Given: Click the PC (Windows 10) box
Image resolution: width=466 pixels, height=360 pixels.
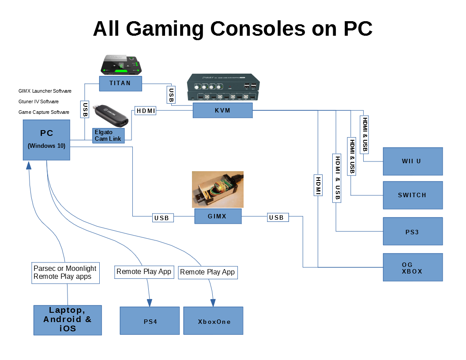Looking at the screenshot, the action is coord(47,140).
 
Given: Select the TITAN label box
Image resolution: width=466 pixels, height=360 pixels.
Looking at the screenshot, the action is coord(120,83).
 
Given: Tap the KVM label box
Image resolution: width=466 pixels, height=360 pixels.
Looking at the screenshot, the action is coord(222,110).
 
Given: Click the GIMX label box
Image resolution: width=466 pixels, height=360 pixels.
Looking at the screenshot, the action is coord(218,216).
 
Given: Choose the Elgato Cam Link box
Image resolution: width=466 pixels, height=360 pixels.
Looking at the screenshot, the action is coord(109,135).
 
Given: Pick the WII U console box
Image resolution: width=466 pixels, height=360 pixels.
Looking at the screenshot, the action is coord(413,161).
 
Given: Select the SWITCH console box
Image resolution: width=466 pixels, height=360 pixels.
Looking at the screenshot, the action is coord(413,195).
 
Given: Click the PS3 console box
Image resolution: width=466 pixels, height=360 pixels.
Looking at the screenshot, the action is coord(413,231).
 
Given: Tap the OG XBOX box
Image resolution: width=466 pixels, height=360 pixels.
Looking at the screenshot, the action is coord(413,267).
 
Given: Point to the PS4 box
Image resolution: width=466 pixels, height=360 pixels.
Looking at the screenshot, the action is coord(150,321).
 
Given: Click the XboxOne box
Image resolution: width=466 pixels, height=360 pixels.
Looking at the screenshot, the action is coord(214,321).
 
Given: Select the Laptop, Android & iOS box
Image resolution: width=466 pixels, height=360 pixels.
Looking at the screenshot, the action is coord(68,320).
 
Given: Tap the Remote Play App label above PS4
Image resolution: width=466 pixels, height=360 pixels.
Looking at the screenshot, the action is coord(144,272).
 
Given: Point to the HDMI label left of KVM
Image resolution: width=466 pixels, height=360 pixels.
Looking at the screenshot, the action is coord(145,111).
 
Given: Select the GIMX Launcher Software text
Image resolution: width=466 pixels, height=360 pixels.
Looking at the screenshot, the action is coord(45,91).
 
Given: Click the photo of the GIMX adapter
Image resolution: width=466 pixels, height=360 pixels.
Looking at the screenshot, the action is coord(218,189).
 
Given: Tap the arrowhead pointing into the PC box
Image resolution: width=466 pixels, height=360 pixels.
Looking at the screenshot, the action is coord(29,165).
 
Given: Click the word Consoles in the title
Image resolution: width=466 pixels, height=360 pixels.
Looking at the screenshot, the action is coord(258,29).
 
